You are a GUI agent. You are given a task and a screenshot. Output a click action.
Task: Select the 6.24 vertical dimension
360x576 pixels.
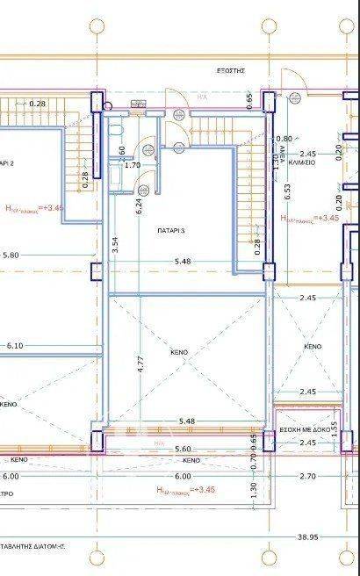139,206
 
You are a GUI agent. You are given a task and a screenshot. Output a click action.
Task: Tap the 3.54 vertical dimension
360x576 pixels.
114,246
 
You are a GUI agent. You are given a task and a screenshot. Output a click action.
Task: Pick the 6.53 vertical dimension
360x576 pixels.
286,192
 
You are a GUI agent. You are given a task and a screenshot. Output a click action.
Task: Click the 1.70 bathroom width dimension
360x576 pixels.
133,164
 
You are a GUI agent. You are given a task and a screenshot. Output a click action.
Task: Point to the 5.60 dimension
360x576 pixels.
184,449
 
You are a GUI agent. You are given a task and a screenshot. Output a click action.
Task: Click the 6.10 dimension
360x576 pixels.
15,346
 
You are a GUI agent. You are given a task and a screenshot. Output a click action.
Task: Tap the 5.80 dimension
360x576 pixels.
11,256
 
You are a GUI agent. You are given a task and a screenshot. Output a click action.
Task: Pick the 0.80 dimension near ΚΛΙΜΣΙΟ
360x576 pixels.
284,139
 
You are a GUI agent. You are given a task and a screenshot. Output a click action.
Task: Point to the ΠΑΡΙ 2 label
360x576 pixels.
7,162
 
